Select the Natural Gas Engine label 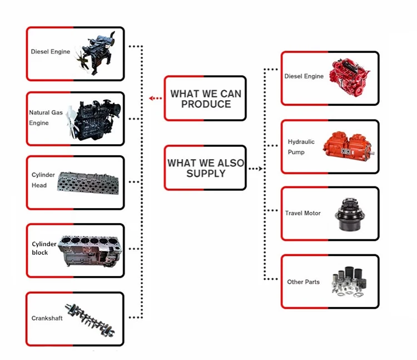click(46, 117)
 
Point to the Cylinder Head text click(39, 180)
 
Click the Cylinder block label click(44, 248)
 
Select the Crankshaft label click(47, 318)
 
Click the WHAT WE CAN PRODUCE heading click(206, 98)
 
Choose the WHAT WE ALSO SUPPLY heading click(206, 168)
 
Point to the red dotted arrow click(156, 98)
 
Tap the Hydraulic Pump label click(301, 147)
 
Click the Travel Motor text click(302, 213)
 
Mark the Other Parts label click(303, 282)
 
